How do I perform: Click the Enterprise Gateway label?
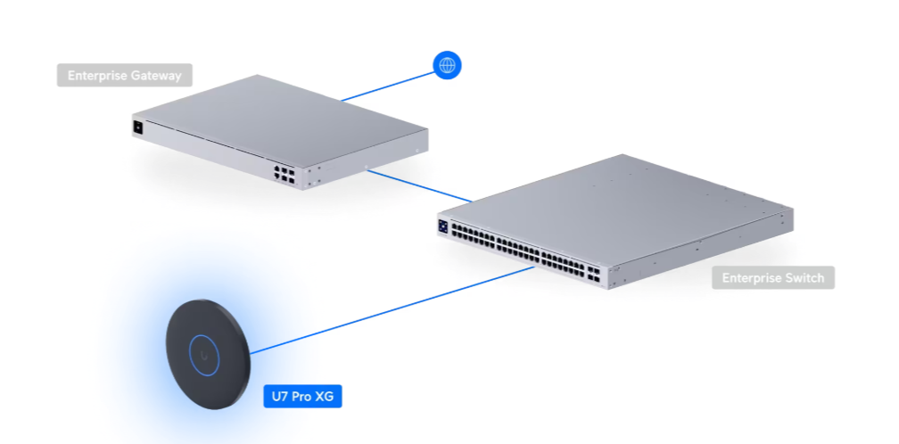tap(125, 75)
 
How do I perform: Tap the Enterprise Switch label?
tap(773, 278)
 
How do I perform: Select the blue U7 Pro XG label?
tap(302, 397)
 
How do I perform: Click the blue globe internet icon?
tap(447, 65)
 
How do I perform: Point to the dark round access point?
tap(208, 354)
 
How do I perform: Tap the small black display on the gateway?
tap(137, 127)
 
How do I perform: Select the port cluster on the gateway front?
tap(285, 174)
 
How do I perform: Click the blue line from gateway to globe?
tap(388, 86)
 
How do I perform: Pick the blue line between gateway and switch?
tap(420, 185)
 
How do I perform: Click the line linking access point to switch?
tap(392, 310)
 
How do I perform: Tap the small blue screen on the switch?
tap(442, 226)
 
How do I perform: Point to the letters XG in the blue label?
tap(324, 397)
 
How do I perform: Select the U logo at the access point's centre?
tap(205, 356)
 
